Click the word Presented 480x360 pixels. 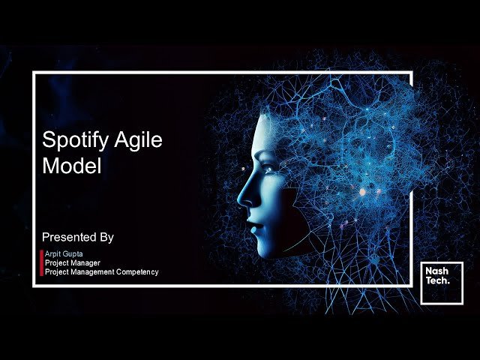[x=70, y=237]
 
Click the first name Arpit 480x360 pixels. [x=53, y=254]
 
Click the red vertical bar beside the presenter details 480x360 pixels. [x=41, y=263]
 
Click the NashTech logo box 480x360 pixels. [x=442, y=283]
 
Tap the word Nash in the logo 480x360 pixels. [x=436, y=274]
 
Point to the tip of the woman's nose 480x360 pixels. [x=240, y=199]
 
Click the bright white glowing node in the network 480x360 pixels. [x=362, y=192]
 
